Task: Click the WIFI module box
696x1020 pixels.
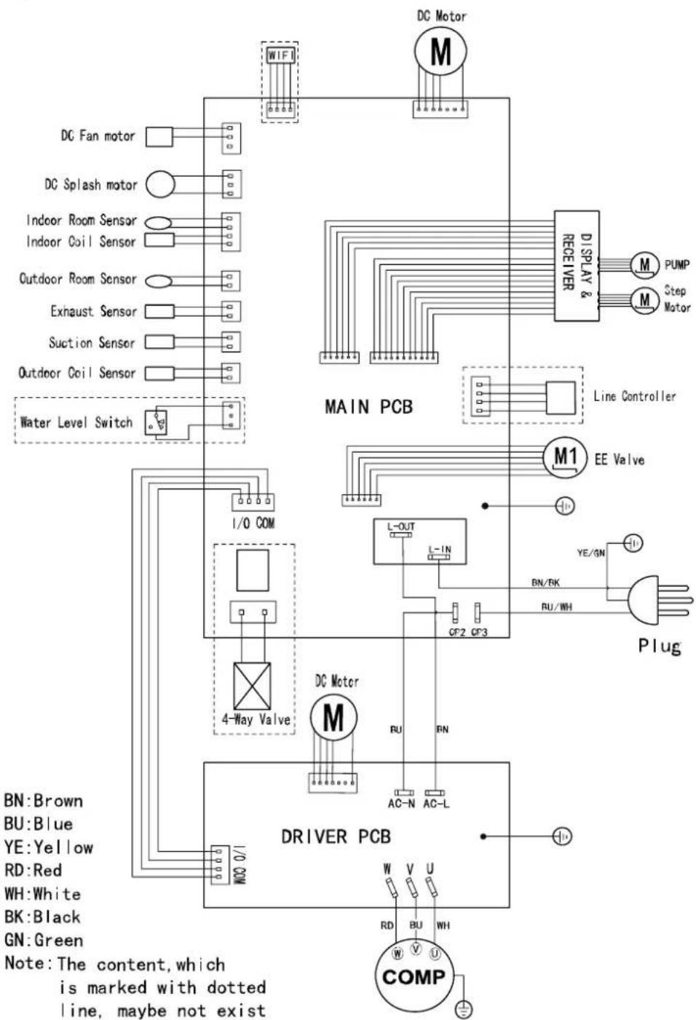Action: click(281, 55)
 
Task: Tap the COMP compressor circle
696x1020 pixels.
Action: click(414, 977)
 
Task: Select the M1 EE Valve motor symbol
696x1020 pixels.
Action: click(565, 457)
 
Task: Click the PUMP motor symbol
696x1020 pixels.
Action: click(644, 264)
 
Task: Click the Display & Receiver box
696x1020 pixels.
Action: click(577, 266)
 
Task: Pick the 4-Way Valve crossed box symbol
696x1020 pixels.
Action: click(252, 685)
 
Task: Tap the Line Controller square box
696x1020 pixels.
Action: click(561, 398)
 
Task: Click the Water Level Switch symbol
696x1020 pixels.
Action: click(156, 423)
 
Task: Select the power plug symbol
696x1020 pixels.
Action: click(660, 600)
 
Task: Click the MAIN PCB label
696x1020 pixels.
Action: click(368, 407)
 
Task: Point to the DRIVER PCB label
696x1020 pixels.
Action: click(336, 837)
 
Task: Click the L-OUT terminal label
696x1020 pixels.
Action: click(401, 526)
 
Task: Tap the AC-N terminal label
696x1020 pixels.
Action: click(401, 804)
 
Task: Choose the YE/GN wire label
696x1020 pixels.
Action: click(591, 553)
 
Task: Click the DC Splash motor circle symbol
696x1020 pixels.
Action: click(160, 184)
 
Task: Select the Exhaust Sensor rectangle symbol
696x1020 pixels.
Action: click(159, 312)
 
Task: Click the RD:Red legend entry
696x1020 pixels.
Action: click(33, 870)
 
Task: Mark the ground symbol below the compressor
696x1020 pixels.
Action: click(463, 1010)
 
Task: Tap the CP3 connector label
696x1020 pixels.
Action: click(479, 632)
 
